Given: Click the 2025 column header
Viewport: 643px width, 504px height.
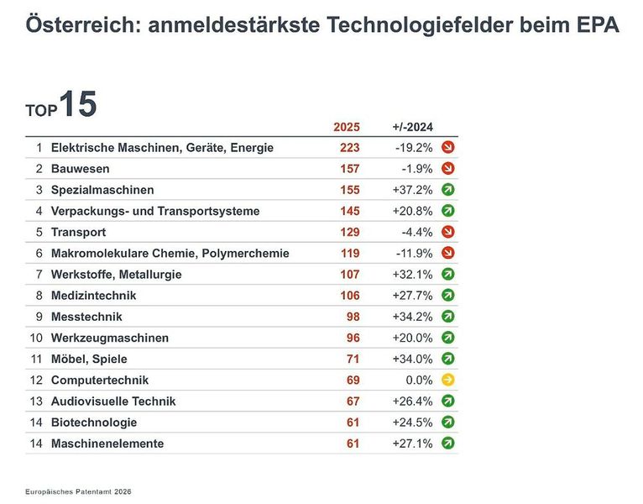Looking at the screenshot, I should (x=346, y=127).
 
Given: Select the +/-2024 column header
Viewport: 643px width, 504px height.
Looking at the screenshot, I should (x=412, y=127).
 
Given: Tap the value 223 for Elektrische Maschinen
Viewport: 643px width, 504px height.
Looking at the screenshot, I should (x=349, y=148).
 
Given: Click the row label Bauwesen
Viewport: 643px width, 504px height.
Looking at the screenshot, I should (x=80, y=169).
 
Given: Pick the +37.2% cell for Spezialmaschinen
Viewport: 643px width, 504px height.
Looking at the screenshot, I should (x=412, y=190).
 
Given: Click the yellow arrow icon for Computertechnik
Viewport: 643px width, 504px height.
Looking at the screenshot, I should (x=447, y=380).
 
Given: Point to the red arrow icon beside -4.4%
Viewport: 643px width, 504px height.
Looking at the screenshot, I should (x=447, y=232).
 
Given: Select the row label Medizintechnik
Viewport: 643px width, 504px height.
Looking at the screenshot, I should (x=93, y=296).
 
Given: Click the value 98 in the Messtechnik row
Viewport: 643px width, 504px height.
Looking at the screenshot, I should (x=353, y=317).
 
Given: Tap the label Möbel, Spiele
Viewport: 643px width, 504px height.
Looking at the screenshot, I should (x=89, y=359).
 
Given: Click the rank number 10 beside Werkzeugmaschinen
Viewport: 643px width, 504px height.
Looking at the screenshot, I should (x=35, y=338).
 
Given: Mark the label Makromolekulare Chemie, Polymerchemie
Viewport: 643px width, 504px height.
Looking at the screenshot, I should (x=170, y=253).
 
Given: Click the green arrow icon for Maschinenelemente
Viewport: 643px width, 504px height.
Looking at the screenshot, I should (x=447, y=443).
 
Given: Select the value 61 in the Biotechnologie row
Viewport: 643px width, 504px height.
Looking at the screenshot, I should (x=353, y=422).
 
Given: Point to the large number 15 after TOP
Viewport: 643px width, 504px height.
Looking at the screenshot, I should (x=77, y=104).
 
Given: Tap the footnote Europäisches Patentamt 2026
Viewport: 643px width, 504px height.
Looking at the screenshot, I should (x=78, y=491).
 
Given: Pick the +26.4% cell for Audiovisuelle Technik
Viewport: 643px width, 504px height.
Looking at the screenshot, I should (x=412, y=401).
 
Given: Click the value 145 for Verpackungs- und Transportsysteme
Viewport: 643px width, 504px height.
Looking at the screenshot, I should (x=349, y=211).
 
